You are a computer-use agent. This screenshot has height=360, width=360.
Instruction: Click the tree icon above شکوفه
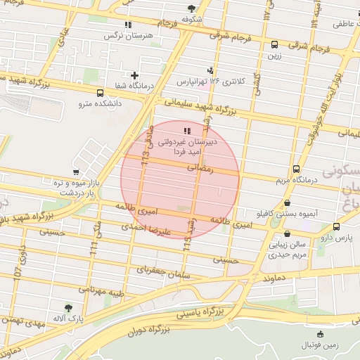[x=193, y=8]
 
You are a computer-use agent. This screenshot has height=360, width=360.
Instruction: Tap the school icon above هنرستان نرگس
[x=127, y=25]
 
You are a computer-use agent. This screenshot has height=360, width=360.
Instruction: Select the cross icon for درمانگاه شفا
[x=134, y=75]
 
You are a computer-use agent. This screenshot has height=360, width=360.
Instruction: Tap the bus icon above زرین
[x=274, y=44]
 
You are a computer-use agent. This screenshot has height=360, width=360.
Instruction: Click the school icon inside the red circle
[x=186, y=131]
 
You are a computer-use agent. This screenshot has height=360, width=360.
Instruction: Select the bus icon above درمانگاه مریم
[x=296, y=169]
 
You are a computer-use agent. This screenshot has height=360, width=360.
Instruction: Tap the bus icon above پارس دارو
[x=337, y=227]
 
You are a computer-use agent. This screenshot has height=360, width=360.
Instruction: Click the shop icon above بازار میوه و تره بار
[x=76, y=172]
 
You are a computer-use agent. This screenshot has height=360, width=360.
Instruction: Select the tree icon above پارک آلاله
[x=67, y=308]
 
